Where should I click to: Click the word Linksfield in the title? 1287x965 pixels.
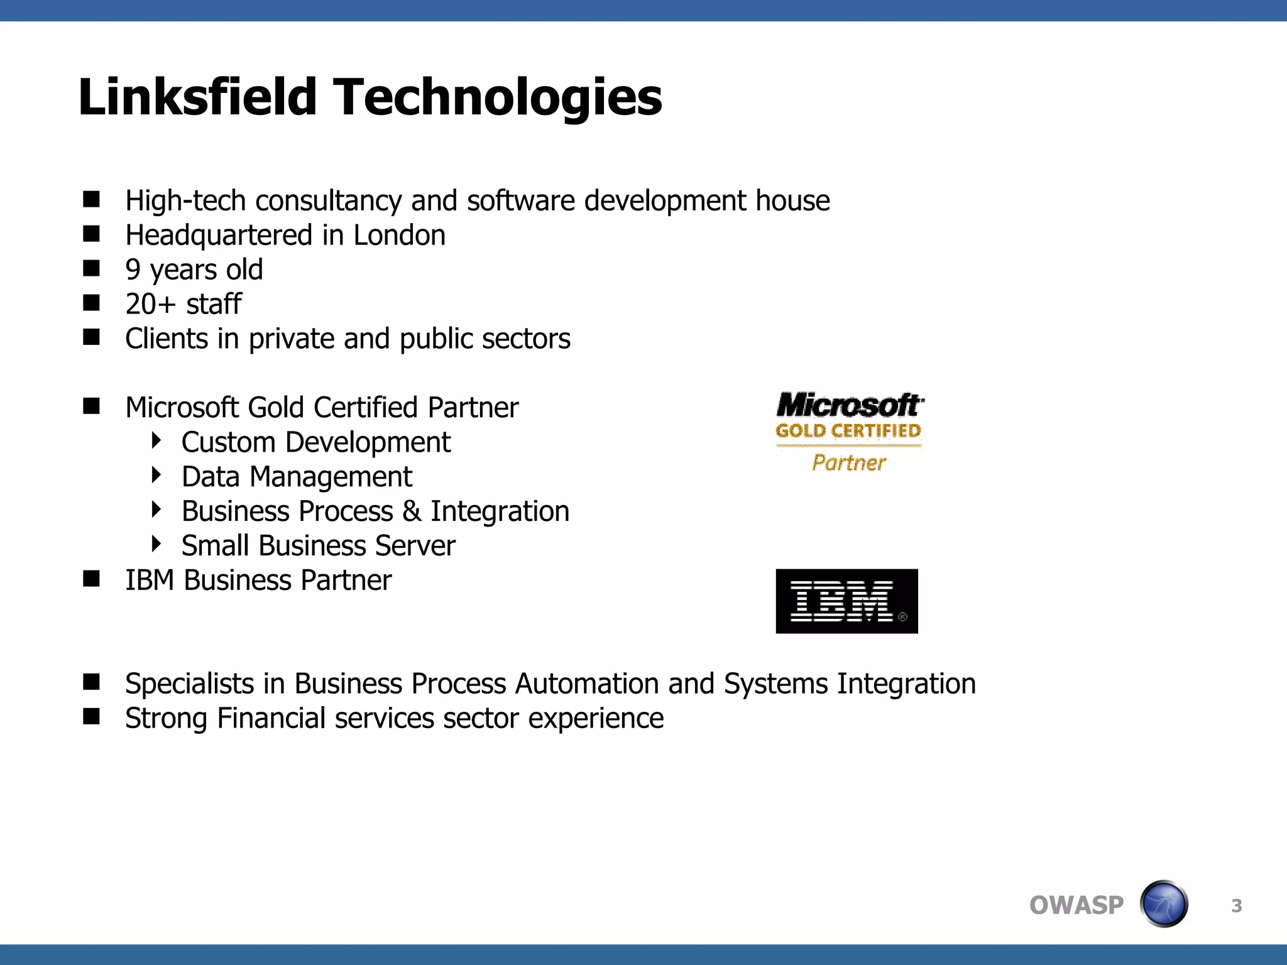197,97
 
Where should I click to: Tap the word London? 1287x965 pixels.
399,236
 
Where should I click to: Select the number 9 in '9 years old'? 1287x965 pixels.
133,270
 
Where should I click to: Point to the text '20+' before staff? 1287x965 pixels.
150,304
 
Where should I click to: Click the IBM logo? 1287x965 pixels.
846,601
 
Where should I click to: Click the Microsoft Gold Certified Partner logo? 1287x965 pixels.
849,432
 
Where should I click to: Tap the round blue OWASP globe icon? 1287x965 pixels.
1164,904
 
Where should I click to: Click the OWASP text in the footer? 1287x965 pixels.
1076,905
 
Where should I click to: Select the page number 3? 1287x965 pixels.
1236,906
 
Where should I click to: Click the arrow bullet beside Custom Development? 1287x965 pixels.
156,440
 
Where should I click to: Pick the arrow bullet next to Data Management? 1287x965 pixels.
156,475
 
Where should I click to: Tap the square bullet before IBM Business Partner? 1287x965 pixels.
92,579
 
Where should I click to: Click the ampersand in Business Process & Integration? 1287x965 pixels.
412,511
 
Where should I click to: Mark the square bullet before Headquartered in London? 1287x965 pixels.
92,234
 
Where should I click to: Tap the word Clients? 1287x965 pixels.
167,339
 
